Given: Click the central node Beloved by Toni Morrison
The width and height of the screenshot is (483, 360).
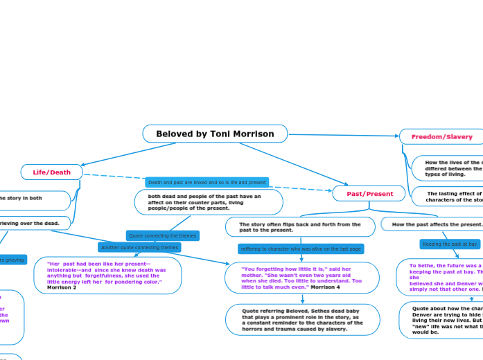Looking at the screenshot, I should click(x=215, y=134).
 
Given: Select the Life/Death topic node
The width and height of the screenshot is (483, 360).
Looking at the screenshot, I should click(x=52, y=172).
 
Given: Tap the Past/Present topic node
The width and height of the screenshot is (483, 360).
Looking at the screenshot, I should click(x=370, y=194).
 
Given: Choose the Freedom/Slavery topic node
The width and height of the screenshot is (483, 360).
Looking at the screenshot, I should click(x=441, y=137).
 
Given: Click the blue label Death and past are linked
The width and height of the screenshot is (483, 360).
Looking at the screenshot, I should click(x=207, y=182).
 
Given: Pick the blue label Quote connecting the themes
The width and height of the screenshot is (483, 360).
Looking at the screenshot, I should click(x=163, y=235).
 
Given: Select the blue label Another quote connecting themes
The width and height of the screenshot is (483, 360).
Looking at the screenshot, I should click(x=139, y=247).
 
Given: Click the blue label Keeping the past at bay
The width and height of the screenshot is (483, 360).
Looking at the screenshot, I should click(x=450, y=244).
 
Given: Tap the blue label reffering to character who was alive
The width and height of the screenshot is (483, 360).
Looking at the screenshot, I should click(x=301, y=249).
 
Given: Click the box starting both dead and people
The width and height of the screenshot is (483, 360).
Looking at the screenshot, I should click(x=208, y=202).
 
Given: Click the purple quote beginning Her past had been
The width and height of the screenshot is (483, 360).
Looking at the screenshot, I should click(x=107, y=272).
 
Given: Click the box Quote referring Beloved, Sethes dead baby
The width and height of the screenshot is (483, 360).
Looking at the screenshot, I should click(x=302, y=319).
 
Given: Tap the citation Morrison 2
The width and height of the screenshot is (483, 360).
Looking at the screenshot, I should click(x=62, y=287).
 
